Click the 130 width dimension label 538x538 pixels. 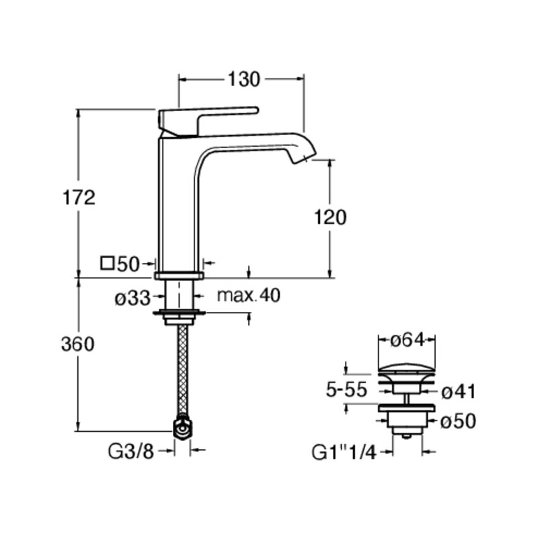(244, 79)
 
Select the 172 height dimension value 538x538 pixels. (79, 198)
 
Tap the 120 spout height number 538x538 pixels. (330, 217)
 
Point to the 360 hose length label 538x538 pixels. (77, 344)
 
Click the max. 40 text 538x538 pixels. (248, 295)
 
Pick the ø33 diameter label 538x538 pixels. (132, 298)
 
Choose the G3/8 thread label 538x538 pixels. (130, 451)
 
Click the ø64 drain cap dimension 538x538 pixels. (408, 340)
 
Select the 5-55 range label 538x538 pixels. (346, 390)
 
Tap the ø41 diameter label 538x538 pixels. (459, 391)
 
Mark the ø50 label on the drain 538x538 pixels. (459, 421)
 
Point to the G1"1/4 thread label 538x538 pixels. (344, 452)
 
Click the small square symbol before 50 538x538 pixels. (107, 263)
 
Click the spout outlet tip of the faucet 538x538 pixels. (304, 159)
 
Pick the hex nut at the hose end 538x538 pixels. (183, 427)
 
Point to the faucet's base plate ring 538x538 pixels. (179, 275)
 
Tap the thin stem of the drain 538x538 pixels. (407, 399)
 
